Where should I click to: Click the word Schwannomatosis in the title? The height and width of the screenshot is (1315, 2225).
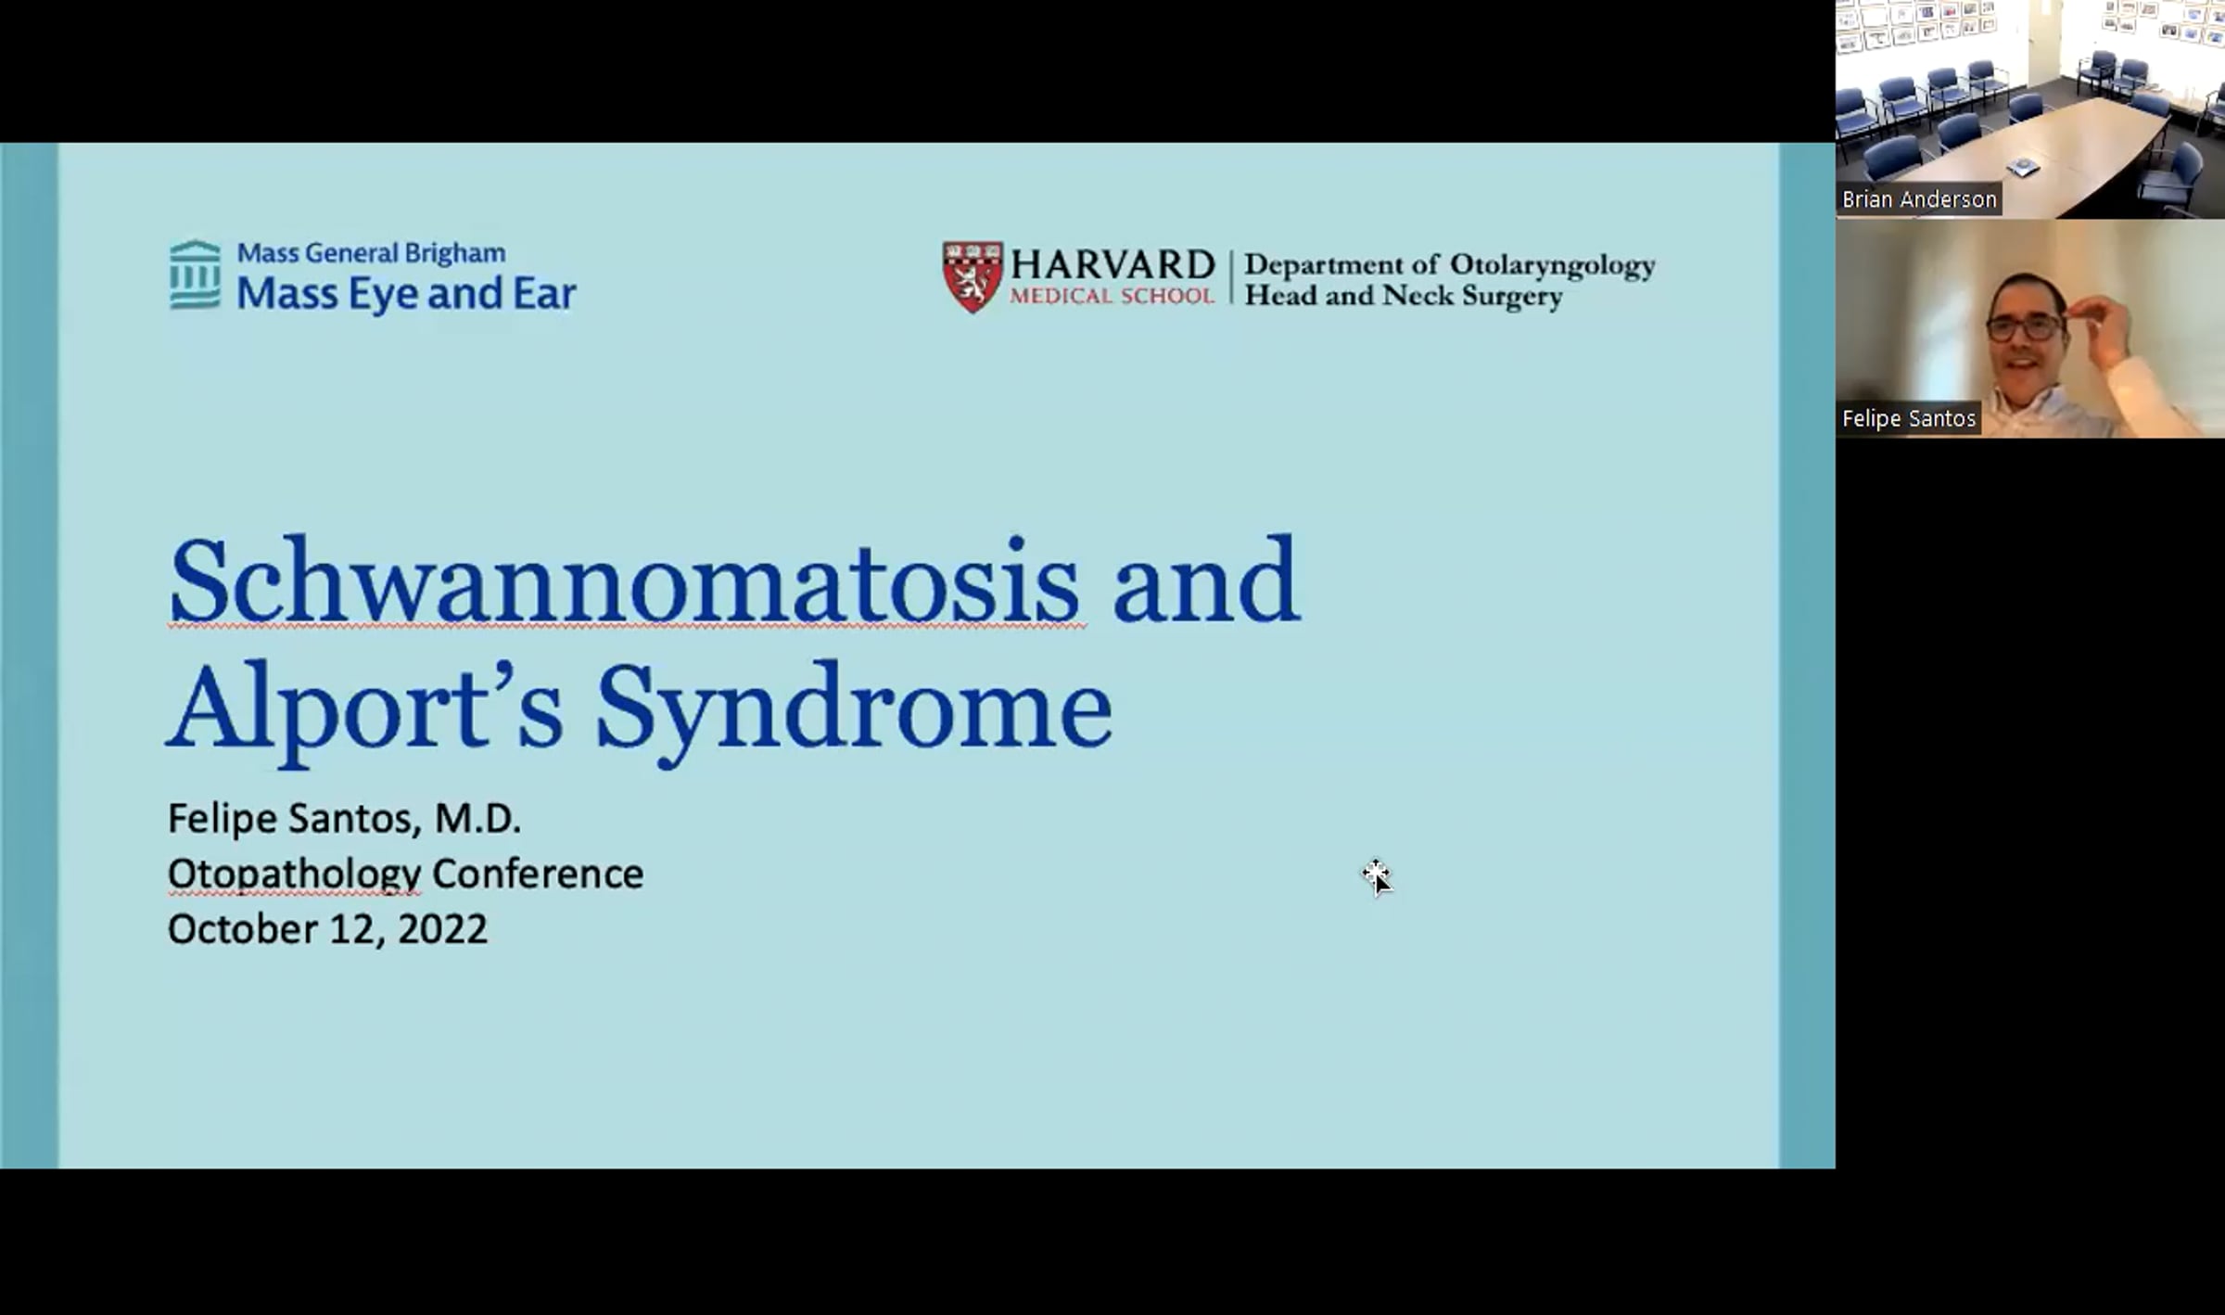pyautogui.click(x=626, y=581)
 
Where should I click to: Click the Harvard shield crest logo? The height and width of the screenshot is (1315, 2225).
pyautogui.click(x=973, y=277)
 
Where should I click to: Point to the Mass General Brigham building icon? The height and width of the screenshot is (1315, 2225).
pyautogui.click(x=196, y=274)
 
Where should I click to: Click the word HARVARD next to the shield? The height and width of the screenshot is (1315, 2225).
pyautogui.click(x=1112, y=264)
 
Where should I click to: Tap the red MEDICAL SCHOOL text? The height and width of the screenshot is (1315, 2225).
pyautogui.click(x=1112, y=296)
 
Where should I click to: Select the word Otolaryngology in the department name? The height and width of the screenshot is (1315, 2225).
pyautogui.click(x=1552, y=266)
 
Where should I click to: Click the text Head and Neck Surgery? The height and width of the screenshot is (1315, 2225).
pyautogui.click(x=1403, y=296)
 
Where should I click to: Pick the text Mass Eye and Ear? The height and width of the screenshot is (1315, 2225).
pyautogui.click(x=406, y=293)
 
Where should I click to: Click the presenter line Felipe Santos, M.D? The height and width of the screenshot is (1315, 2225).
pyautogui.click(x=344, y=819)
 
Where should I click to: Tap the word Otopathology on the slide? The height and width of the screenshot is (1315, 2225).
pyautogui.click(x=294, y=875)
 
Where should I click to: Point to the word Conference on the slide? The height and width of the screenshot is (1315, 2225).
pyautogui.click(x=538, y=874)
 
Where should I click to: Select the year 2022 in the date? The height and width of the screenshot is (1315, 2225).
pyautogui.click(x=442, y=929)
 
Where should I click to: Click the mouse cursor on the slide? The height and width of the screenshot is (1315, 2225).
pyautogui.click(x=1377, y=876)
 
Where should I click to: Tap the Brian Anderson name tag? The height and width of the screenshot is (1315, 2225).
pyautogui.click(x=1919, y=199)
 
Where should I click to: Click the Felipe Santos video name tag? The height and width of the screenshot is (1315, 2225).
pyautogui.click(x=1909, y=418)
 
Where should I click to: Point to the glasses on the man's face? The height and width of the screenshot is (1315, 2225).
pyautogui.click(x=2026, y=327)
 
